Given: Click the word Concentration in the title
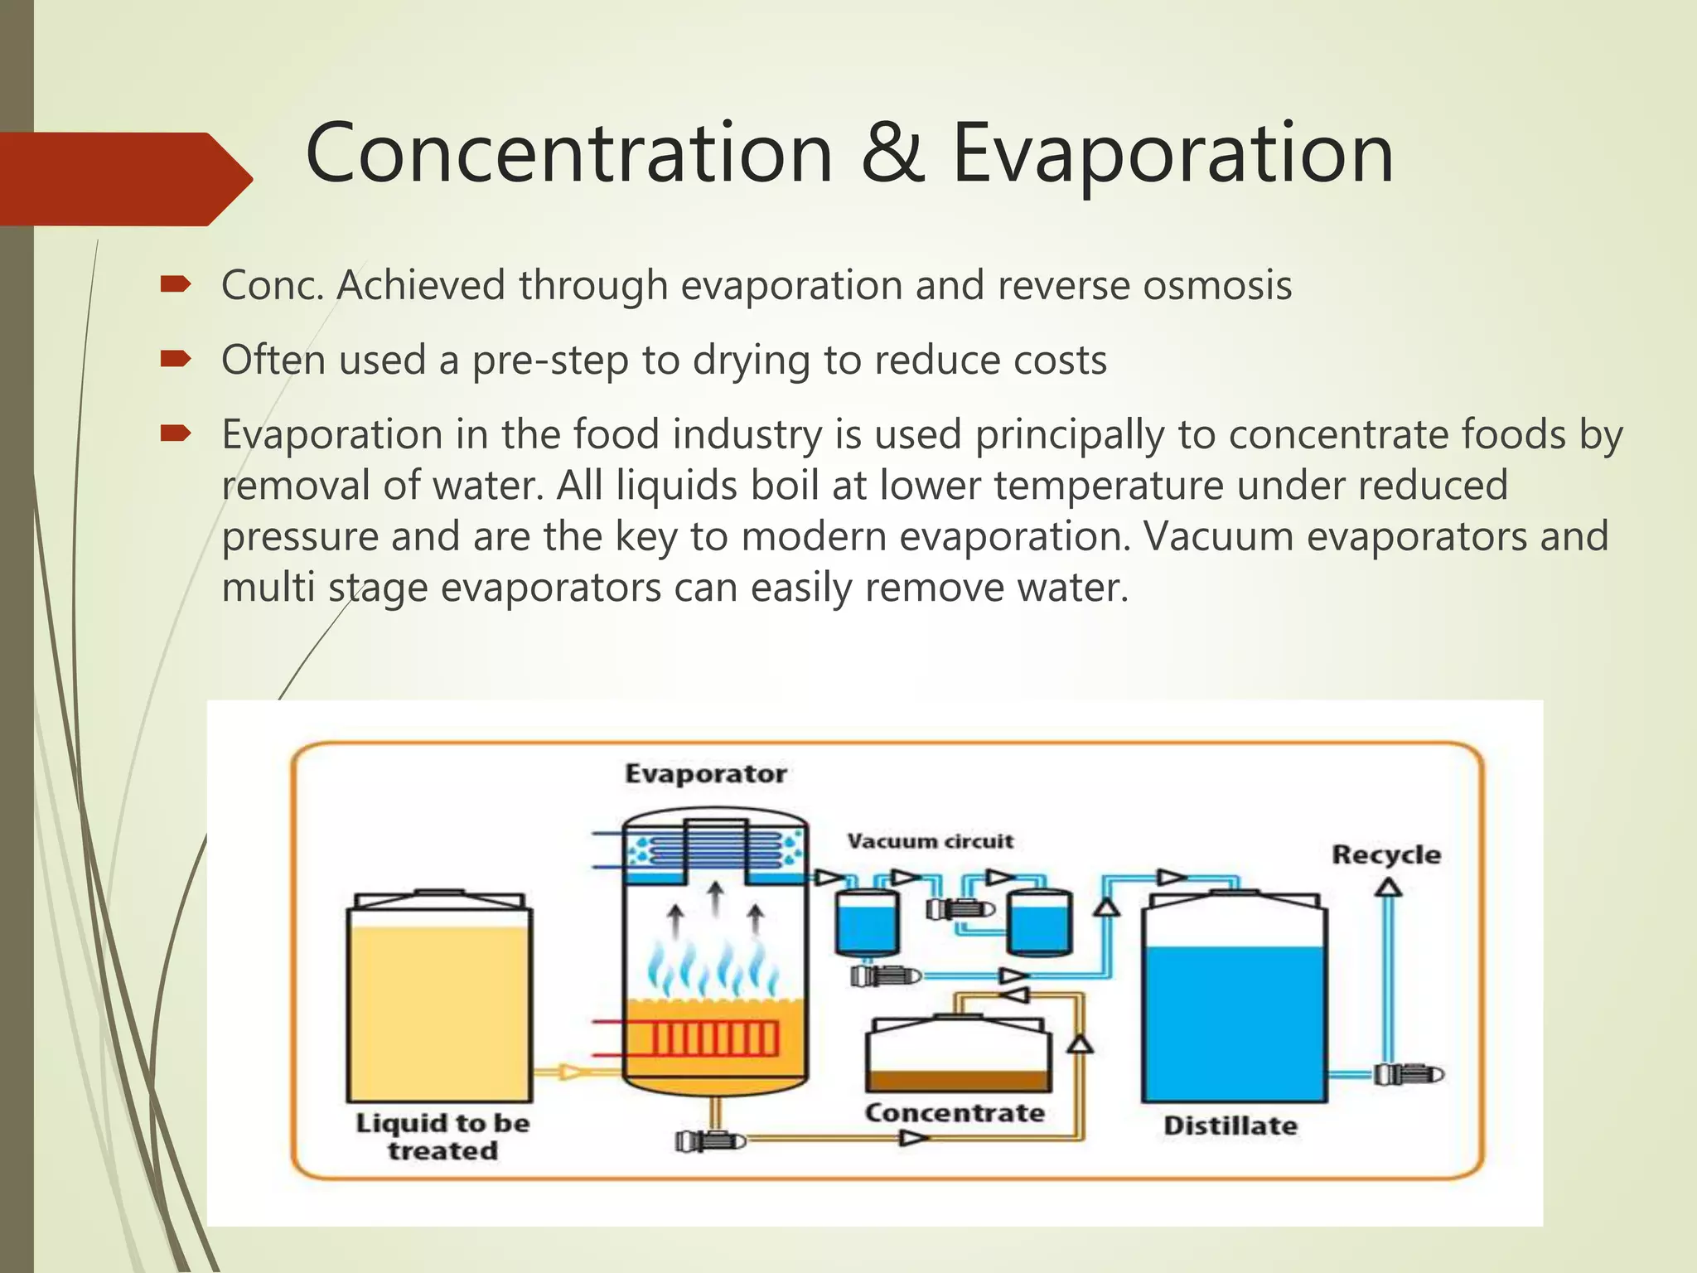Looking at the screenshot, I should click(569, 153).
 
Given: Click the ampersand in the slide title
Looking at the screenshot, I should click(892, 153).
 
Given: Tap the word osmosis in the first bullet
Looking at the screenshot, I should click(1217, 285).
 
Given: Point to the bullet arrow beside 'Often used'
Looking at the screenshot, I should click(176, 359).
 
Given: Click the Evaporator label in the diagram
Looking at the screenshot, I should click(705, 774).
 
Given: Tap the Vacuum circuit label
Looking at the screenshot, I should click(930, 841).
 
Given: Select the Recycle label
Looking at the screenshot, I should click(1385, 854).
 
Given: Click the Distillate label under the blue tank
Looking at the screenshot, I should click(1230, 1125).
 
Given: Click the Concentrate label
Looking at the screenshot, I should click(955, 1113).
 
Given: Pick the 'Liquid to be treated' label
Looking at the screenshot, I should click(442, 1136).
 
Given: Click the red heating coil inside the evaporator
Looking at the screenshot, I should click(713, 1038).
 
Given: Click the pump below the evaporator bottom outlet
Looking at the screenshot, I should click(709, 1141).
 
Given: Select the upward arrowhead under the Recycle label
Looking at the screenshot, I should click(1388, 888).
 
